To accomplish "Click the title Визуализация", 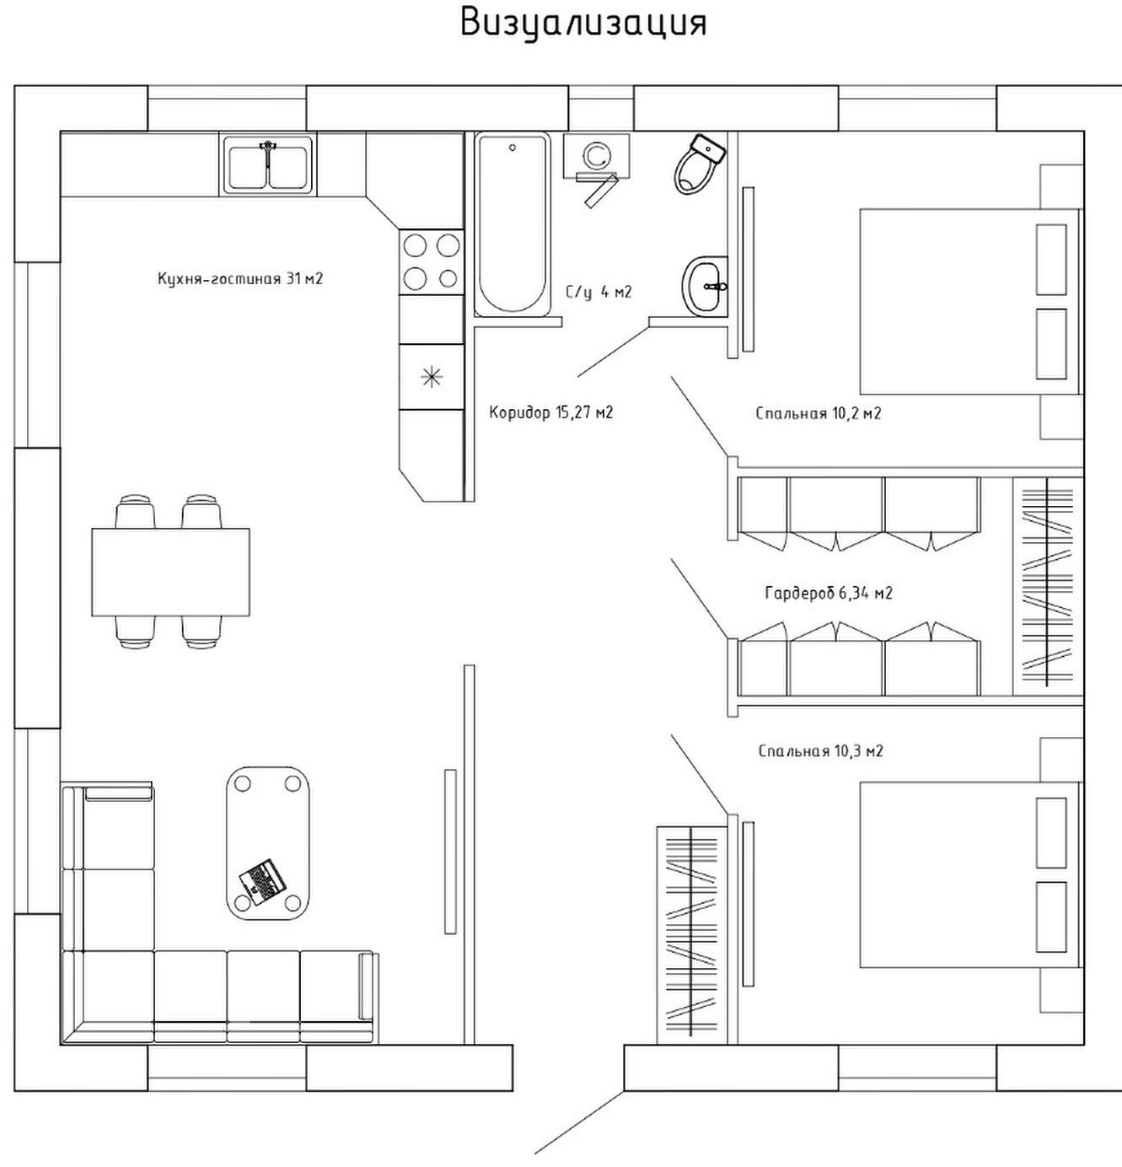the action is (583, 23).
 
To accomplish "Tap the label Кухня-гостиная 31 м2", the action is (240, 278).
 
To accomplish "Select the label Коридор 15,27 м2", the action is (550, 412).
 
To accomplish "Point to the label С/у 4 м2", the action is (599, 293).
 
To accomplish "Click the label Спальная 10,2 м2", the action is (818, 413).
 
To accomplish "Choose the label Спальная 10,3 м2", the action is (820, 750).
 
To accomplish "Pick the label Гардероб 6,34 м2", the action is (828, 593).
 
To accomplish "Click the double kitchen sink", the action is (268, 164).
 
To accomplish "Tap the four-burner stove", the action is (431, 261).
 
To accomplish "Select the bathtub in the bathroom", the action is (512, 223).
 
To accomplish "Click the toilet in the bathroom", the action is (699, 164).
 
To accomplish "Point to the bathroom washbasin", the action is (705, 286).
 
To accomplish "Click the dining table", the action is (170, 572).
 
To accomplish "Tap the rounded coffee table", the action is (267, 842).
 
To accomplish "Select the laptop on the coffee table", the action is (262, 881).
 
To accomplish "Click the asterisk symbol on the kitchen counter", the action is (432, 377).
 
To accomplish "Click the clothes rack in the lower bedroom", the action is (691, 933).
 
